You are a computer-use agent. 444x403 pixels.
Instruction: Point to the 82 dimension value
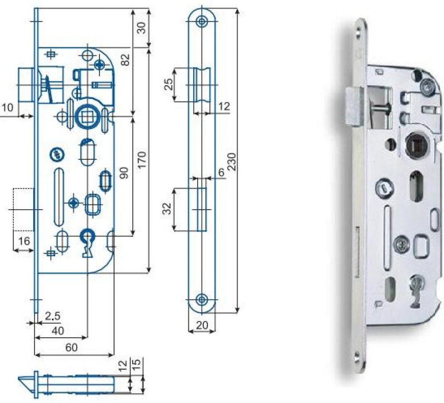[126, 59]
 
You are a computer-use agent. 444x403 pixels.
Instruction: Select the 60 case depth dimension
[71, 348]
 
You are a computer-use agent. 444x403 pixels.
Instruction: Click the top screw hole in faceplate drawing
[202, 21]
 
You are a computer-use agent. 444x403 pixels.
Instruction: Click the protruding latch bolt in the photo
[353, 106]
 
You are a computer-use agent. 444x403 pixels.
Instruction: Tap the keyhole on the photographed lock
[416, 286]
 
